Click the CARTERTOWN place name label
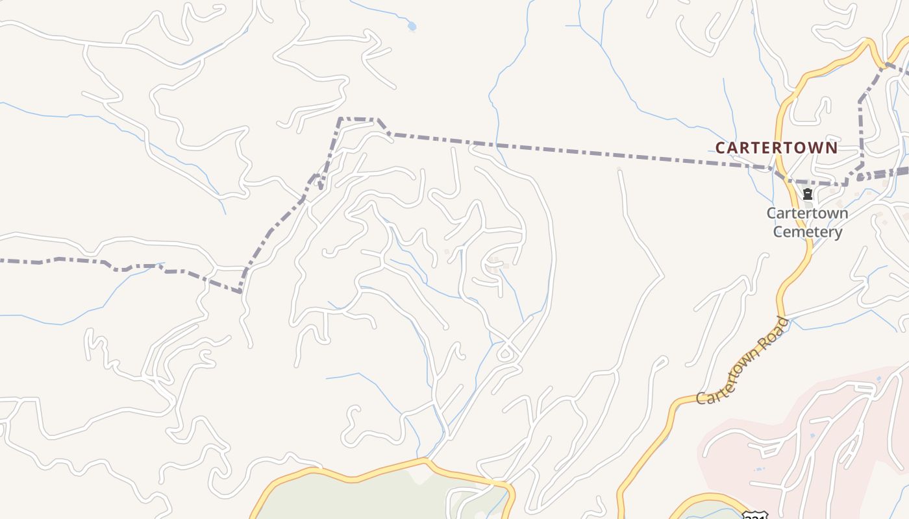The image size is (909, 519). pos(777,148)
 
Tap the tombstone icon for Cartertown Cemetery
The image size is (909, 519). pos(808,194)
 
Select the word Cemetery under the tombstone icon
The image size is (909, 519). pos(808,232)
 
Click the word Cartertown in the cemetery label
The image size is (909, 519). pos(808,213)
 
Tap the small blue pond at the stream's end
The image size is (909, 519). pos(411,27)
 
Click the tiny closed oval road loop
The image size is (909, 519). pos(505,354)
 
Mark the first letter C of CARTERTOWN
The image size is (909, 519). pos(720,148)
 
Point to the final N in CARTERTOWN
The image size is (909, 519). pos(832,148)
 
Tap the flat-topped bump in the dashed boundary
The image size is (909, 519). pos(358,119)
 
